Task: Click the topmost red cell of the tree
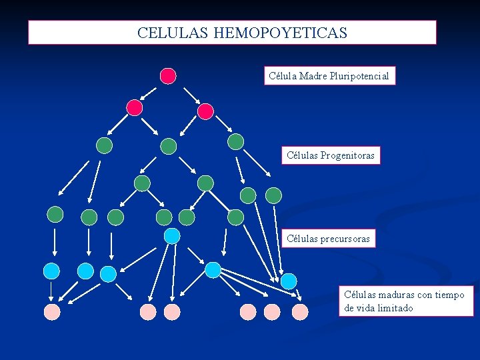168,76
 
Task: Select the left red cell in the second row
135,107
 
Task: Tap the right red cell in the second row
205,111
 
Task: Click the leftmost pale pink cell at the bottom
52,312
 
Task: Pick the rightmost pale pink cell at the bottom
300,311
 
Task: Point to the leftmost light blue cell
51,271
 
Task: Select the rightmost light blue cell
288,281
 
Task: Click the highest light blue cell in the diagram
172,235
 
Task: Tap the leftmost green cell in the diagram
55,214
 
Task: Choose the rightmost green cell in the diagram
273,195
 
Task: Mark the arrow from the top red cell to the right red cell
191,95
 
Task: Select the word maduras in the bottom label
395,295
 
